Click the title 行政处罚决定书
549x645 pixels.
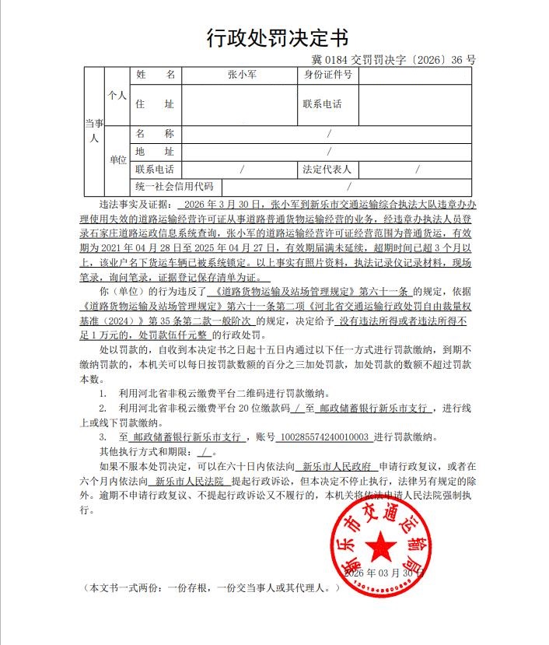tap(277, 37)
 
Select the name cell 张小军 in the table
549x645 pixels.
tap(240, 75)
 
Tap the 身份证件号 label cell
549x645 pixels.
tap(327, 75)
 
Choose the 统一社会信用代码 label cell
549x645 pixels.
tap(174, 187)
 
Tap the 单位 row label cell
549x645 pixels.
tap(117, 160)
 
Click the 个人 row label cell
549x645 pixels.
tap(117, 95)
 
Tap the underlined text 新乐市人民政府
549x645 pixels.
tap(334, 467)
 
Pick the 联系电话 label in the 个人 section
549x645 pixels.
tap(322, 104)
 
